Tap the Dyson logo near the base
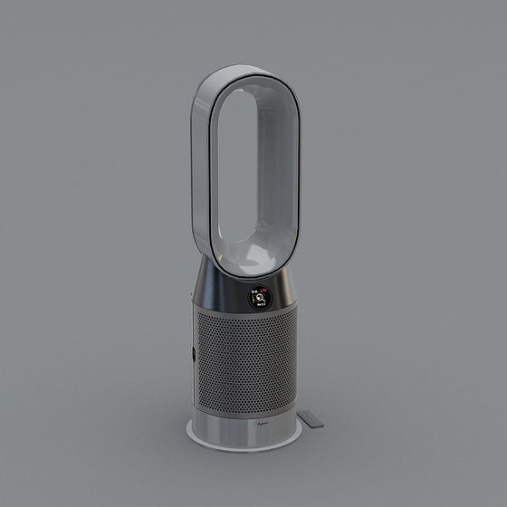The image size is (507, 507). [x=263, y=422]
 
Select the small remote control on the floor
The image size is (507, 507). [x=312, y=418]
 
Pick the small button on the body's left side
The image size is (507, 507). [x=192, y=354]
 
